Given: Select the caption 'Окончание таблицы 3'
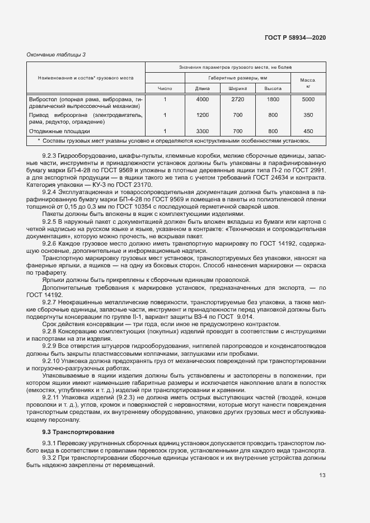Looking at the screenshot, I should pos(56,54).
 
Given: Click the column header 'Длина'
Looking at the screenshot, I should pos(202,88).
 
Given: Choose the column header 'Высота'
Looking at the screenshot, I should pos(273,88).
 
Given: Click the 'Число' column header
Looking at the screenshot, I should pos(165,88).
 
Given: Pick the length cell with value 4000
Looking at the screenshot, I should pos(202,99).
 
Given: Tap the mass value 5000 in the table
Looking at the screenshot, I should pos(308,99).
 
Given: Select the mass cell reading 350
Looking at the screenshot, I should pos(308,115).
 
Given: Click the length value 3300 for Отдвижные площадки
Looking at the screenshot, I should pos(202,131).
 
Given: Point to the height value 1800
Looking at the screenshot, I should pos(273,99).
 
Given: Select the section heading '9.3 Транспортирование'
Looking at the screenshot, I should pos(78,432).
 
